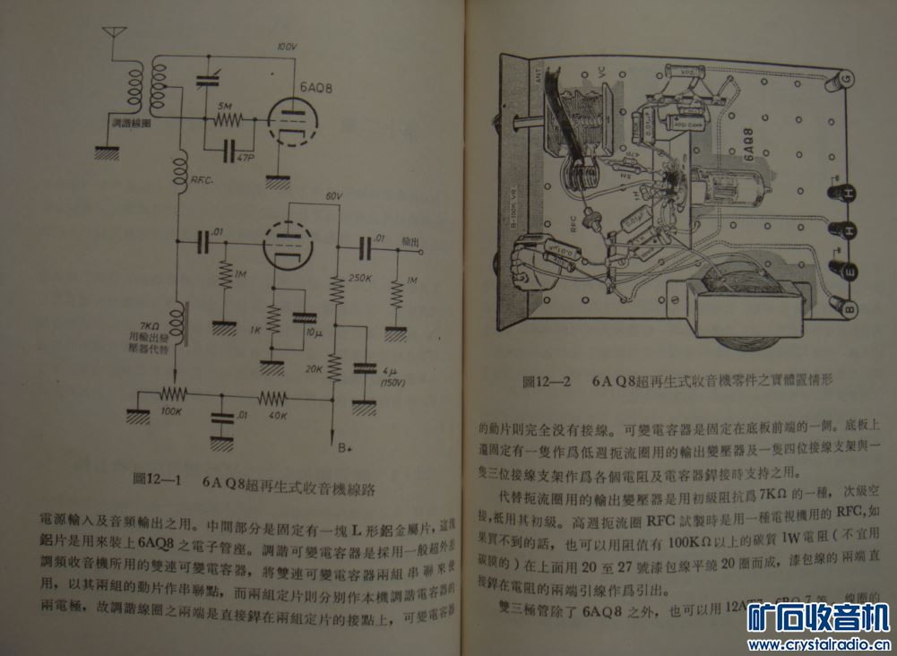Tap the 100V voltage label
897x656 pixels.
(x=286, y=47)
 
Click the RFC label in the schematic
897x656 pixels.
(x=202, y=181)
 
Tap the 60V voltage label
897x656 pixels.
(x=334, y=196)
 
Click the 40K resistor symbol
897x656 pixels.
(x=272, y=395)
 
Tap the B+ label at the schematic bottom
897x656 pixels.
(x=344, y=445)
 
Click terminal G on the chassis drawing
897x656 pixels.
(x=847, y=81)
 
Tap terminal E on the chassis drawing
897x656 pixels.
(x=848, y=266)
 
